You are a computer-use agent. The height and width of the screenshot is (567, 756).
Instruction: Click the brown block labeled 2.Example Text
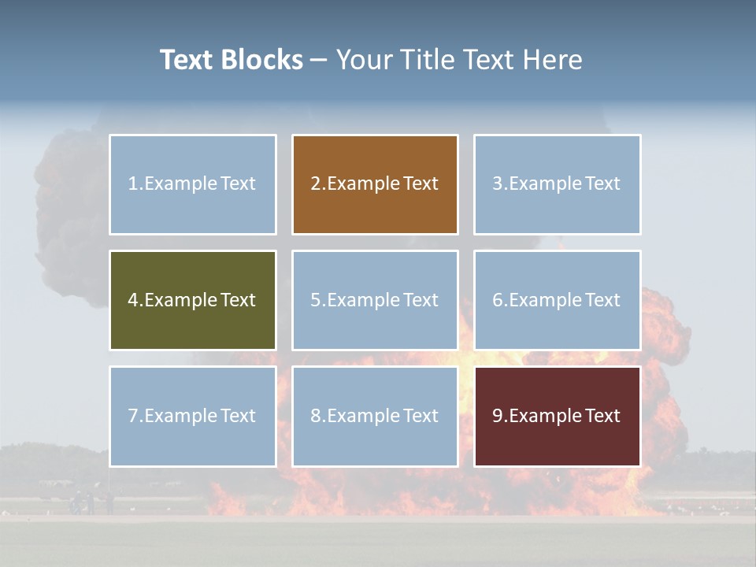click(375, 184)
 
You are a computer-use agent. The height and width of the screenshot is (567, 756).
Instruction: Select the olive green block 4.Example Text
click(192, 300)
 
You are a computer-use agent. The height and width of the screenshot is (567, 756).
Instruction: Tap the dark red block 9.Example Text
click(557, 416)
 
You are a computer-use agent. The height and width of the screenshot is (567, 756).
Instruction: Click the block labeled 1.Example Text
click(192, 184)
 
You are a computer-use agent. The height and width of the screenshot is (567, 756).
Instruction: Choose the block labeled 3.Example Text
click(557, 184)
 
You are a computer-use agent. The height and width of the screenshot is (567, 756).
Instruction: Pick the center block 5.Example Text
click(375, 300)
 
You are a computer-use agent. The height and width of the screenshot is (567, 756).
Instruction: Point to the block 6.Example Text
click(557, 300)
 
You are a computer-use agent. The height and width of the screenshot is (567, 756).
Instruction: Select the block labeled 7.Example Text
click(192, 416)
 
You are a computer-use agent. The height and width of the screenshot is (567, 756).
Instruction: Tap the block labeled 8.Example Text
click(375, 416)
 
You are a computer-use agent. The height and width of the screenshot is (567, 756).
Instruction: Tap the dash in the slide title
click(319, 61)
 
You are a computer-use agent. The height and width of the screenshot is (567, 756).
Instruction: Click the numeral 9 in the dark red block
click(498, 416)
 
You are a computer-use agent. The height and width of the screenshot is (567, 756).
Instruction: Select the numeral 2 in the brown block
click(315, 184)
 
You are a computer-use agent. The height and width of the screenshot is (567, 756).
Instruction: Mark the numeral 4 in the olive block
click(133, 300)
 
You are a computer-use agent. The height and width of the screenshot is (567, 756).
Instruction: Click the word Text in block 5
click(421, 300)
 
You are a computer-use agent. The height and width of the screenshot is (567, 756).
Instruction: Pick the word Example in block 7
click(180, 416)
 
